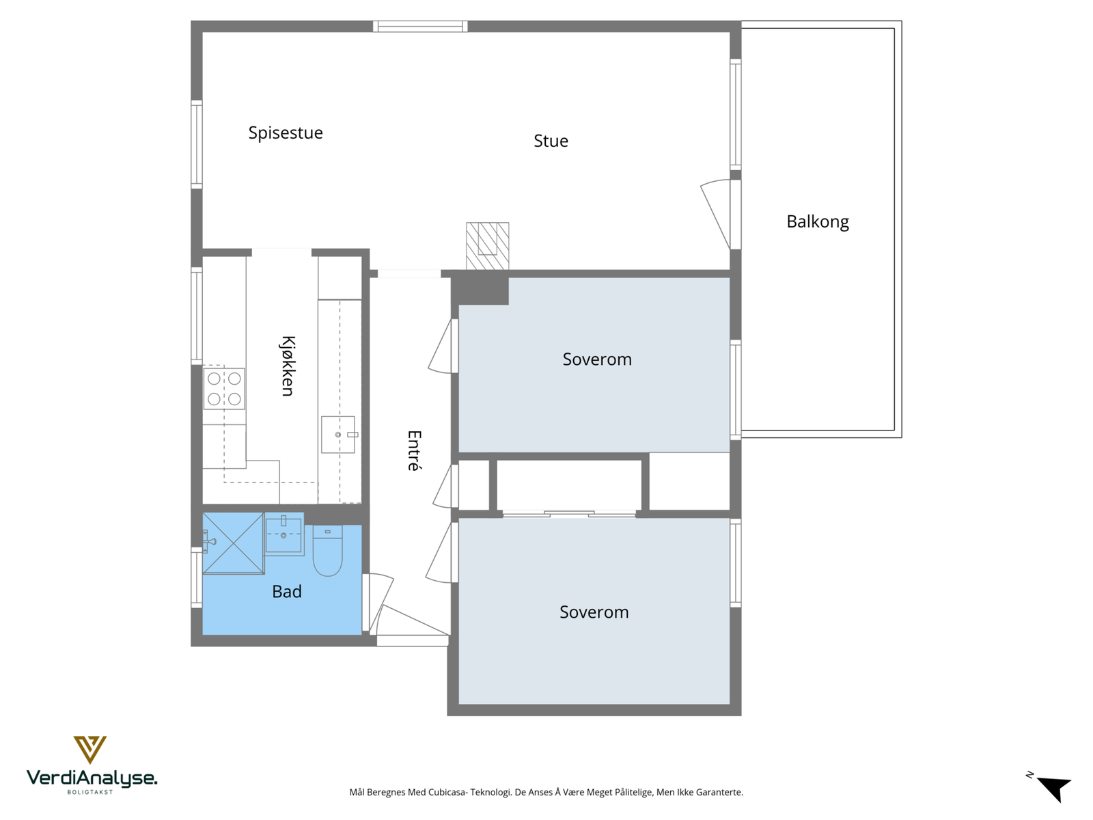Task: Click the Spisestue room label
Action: pos(286,133)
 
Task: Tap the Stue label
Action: pos(551,141)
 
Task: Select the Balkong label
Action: pos(818,221)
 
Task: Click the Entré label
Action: pos(414,450)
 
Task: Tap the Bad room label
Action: pos(286,592)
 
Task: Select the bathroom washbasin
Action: pos(284,534)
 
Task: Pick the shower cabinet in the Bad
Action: pos(233,543)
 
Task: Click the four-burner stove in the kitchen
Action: pos(224,388)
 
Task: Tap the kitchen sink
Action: pos(338,435)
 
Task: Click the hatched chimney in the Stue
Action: pos(488,245)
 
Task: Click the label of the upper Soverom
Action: pos(597,359)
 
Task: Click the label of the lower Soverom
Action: pos(594,612)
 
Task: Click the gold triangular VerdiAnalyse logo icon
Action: pos(89,749)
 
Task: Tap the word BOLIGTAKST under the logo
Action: pos(90,792)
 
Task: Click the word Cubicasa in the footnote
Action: pos(447,793)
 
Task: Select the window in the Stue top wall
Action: pos(420,27)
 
